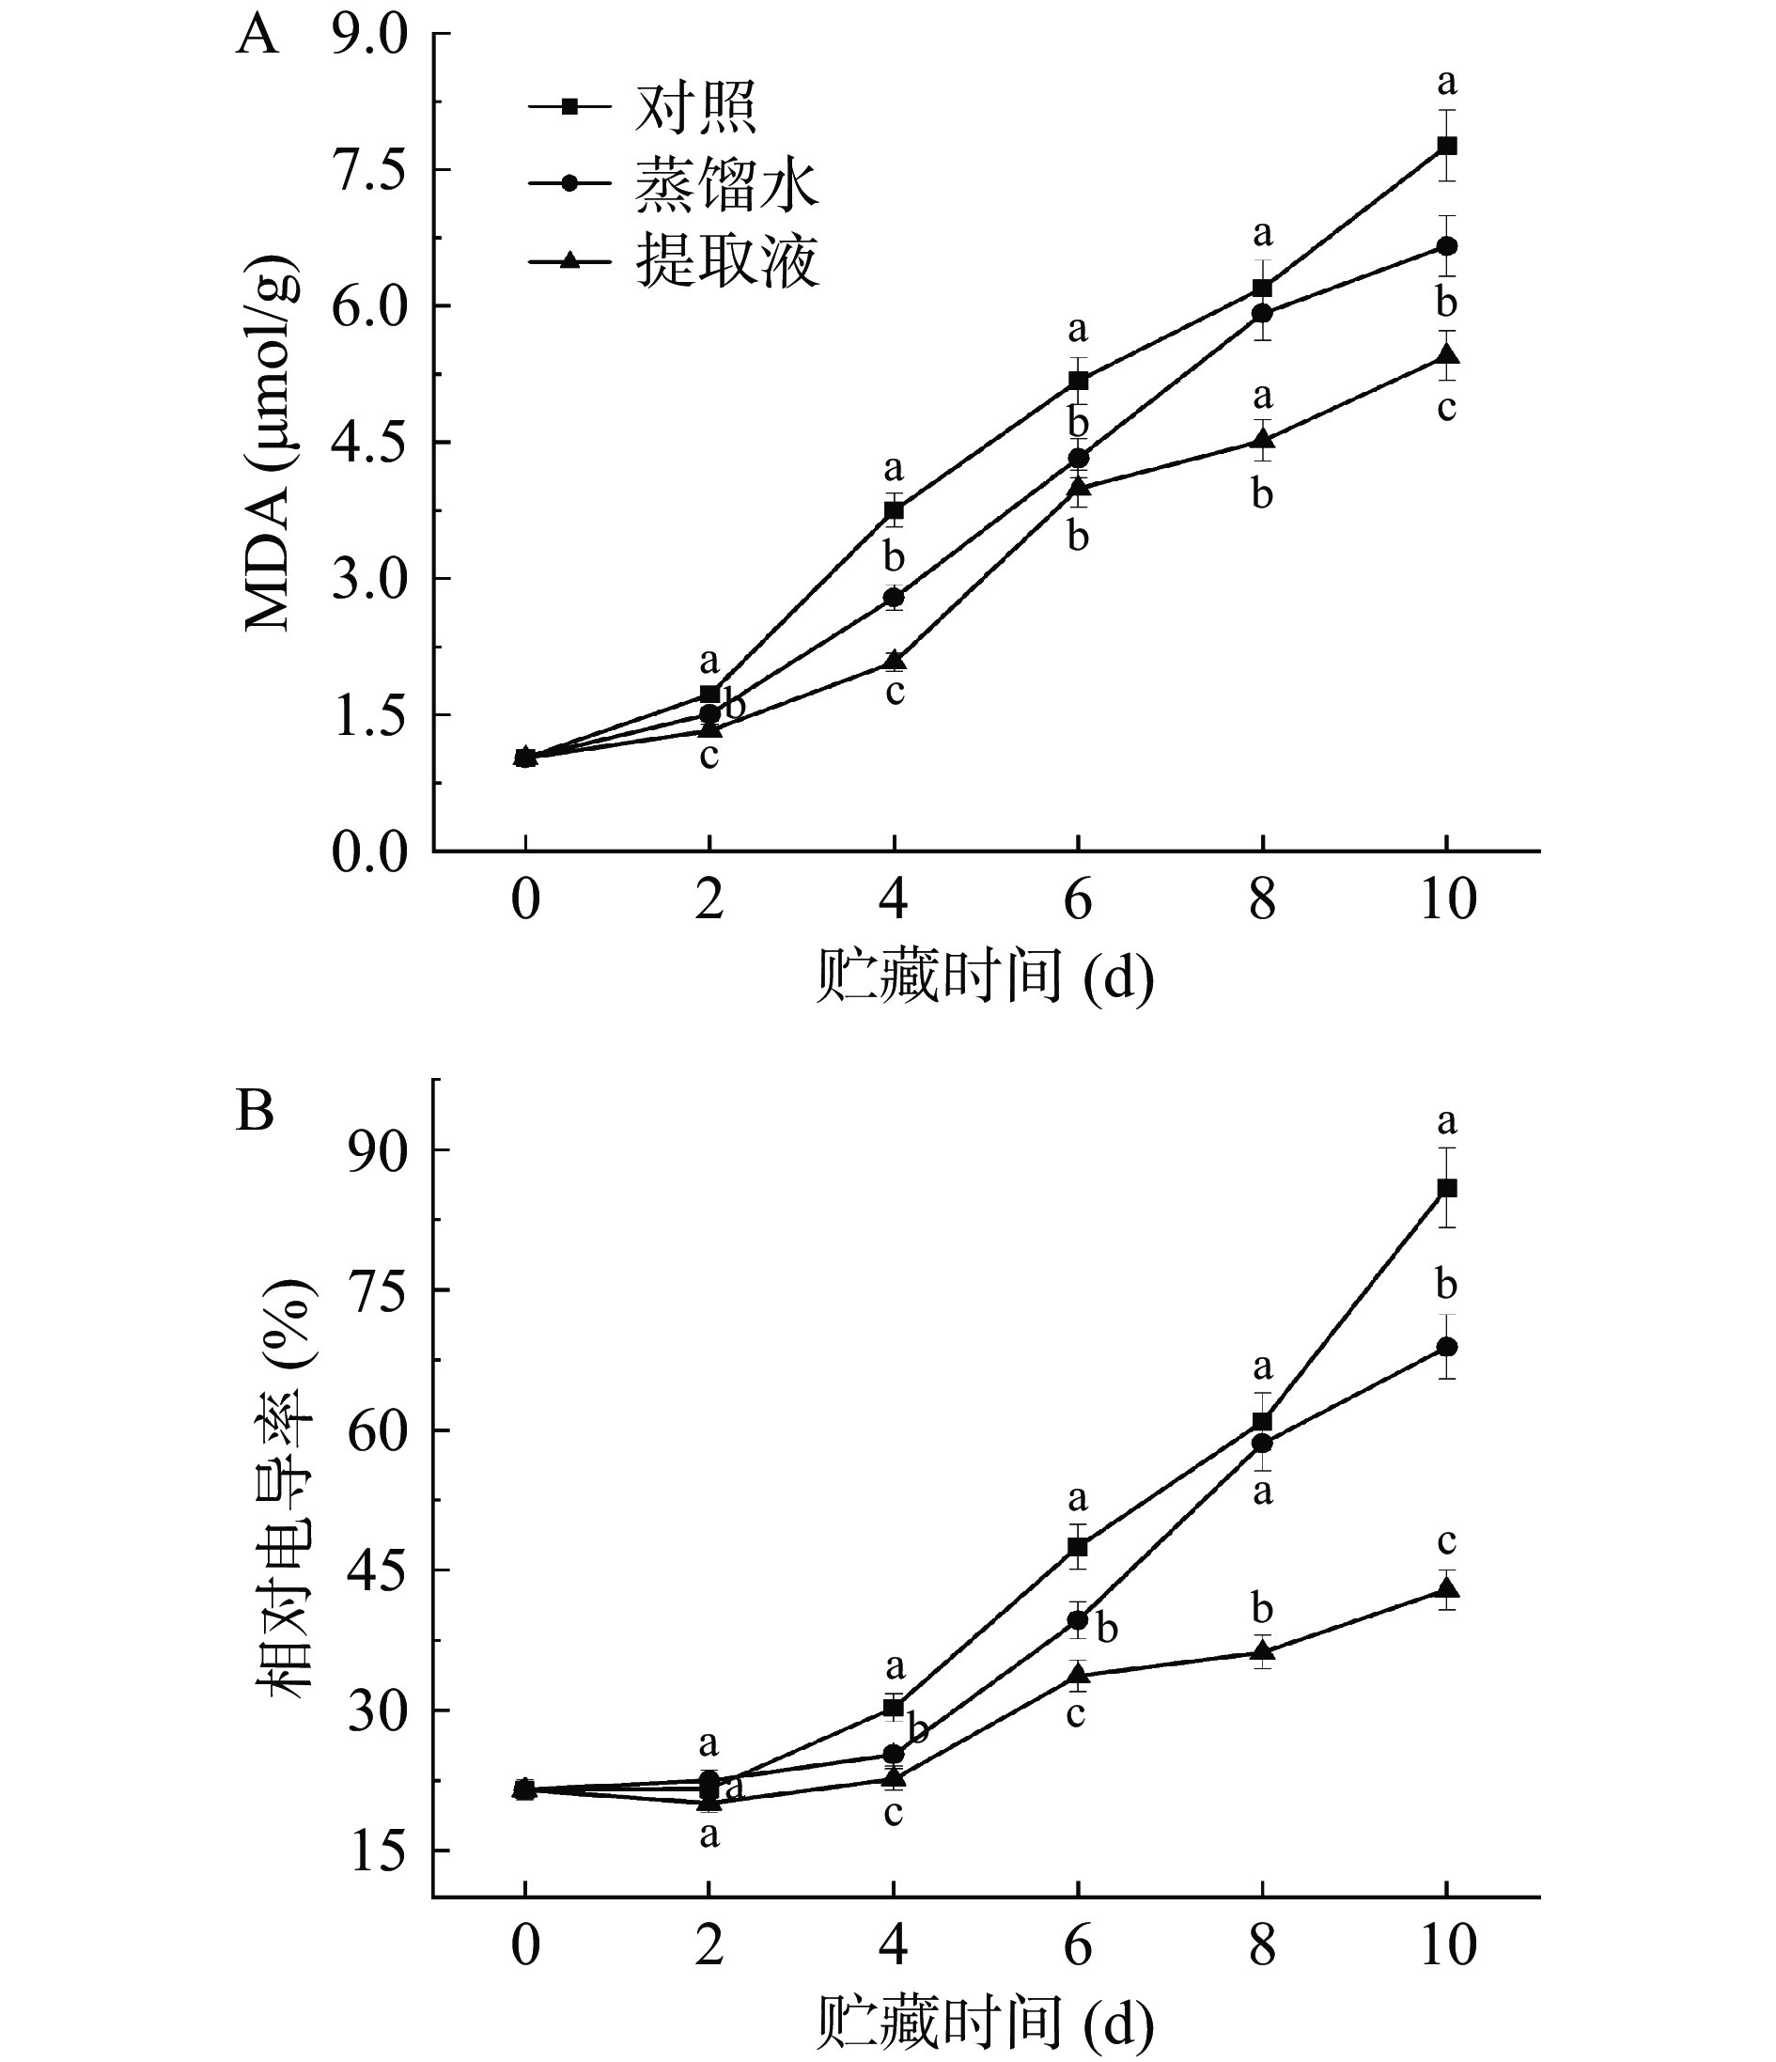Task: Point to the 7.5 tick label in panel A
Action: point(369,171)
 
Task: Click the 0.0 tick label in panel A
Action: point(369,852)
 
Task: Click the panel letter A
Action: point(257,37)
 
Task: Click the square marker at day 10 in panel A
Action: point(1447,146)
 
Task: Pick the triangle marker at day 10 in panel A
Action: point(1447,355)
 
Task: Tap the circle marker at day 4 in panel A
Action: point(894,597)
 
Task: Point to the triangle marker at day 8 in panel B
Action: point(1262,1651)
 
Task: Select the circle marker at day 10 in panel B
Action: point(1447,1347)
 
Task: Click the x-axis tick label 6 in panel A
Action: point(1078,900)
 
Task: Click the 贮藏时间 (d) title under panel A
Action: point(985,978)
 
